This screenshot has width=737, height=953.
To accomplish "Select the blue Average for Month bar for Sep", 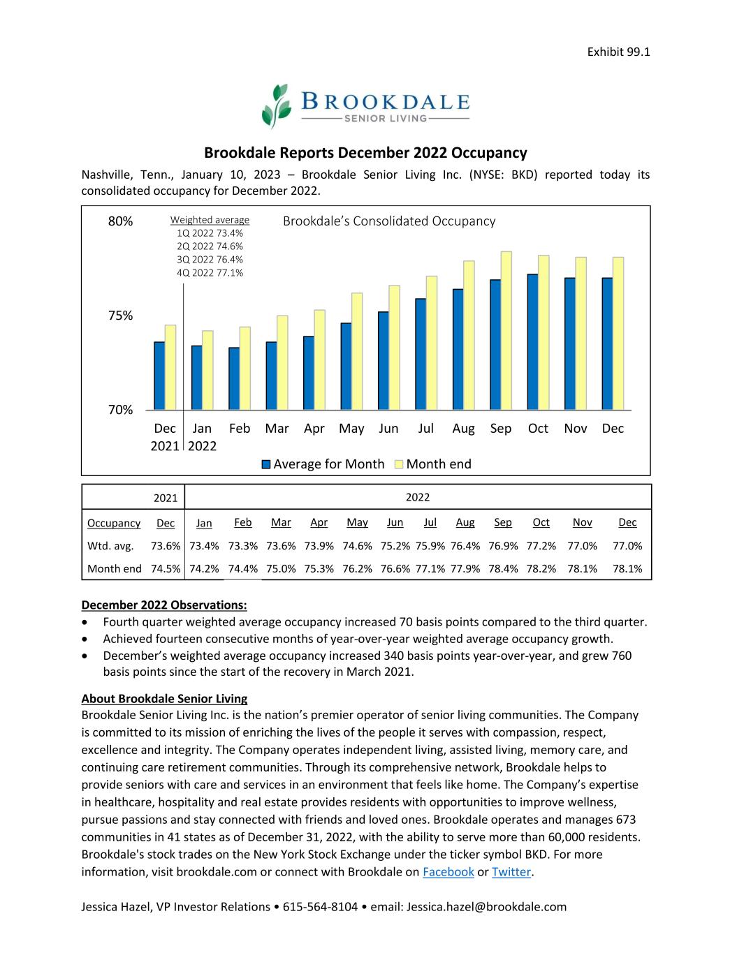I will [495, 344].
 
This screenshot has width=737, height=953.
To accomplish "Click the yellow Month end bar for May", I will [357, 350].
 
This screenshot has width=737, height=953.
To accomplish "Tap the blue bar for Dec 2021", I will [159, 376].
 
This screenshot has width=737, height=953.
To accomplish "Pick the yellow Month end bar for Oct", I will [543, 332].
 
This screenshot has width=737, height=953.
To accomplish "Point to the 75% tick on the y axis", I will [120, 316].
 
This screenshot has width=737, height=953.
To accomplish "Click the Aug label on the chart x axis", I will [463, 429].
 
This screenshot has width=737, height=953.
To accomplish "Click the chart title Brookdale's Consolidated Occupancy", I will [389, 221].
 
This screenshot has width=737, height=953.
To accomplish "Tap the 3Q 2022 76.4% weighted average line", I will [210, 260].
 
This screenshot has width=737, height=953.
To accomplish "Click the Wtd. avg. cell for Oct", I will [541, 546].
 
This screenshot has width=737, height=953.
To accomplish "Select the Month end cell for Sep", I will [503, 569].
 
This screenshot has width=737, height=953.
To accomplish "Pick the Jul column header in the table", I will [430, 523].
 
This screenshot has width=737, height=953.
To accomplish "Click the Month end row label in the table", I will [114, 569].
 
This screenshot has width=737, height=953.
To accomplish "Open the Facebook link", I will [448, 872].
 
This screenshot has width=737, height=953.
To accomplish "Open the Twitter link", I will [511, 872].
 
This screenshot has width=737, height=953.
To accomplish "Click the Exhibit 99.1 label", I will [618, 52].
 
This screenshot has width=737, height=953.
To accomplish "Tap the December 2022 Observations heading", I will [164, 605].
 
